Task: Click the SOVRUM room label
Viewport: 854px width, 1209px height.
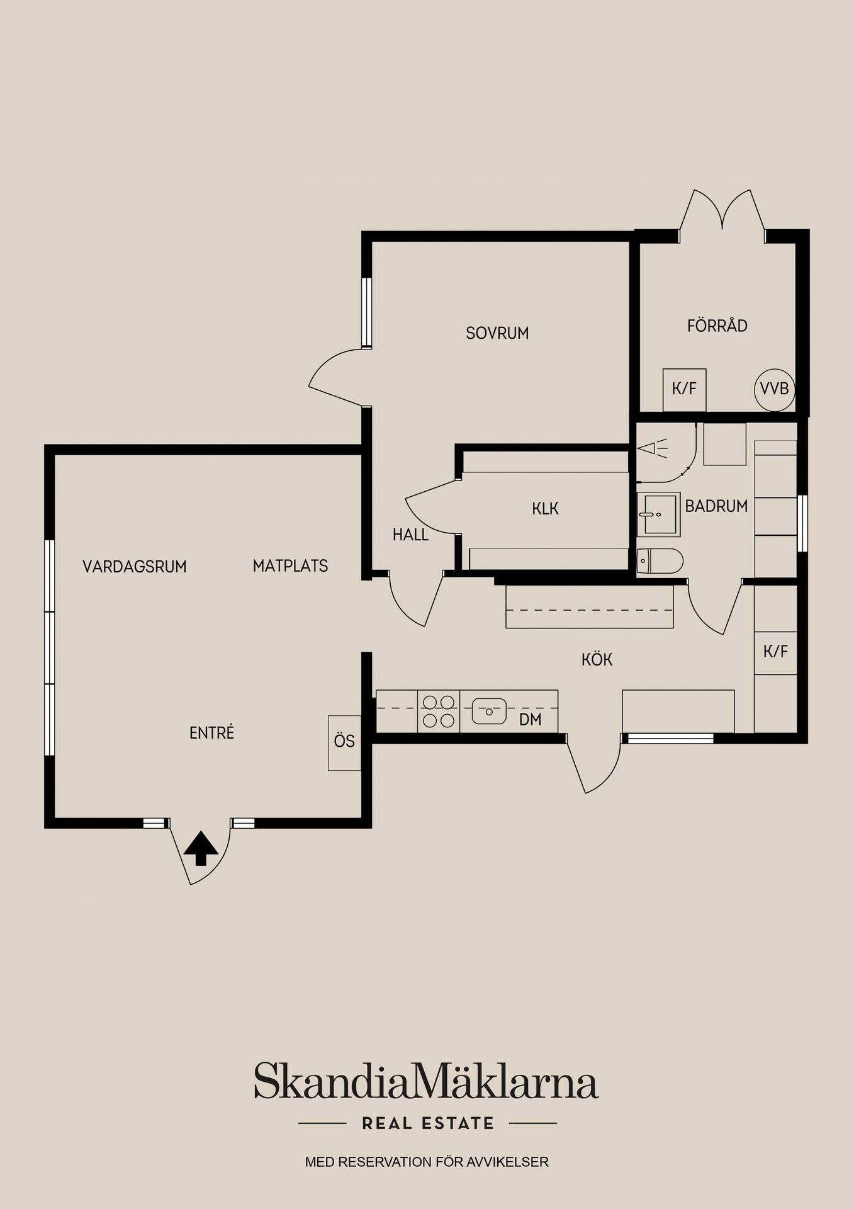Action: [x=497, y=333]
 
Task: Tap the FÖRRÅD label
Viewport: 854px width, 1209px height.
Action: [x=717, y=326]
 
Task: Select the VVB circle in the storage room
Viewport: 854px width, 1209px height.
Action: [x=774, y=390]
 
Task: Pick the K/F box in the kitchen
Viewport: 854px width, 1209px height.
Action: [x=775, y=652]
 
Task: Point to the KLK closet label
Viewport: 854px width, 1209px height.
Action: [x=545, y=509]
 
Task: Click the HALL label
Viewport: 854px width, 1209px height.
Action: [x=410, y=535]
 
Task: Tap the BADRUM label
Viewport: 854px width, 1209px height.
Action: [x=716, y=506]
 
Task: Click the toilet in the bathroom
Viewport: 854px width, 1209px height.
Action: [x=660, y=560]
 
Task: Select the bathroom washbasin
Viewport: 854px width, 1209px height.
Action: [x=659, y=514]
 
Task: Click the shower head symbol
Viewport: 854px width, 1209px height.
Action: [x=652, y=448]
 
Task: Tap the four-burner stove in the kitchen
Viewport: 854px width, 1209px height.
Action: [x=439, y=711]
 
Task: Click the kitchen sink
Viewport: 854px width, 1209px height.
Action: [x=489, y=711]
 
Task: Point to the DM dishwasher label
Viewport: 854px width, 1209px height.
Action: [x=531, y=720]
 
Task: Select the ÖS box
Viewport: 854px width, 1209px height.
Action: [x=345, y=742]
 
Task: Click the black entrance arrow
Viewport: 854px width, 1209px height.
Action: [x=201, y=848]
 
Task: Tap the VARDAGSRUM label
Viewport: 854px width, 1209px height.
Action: [x=135, y=567]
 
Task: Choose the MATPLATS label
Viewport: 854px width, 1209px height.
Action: [x=290, y=566]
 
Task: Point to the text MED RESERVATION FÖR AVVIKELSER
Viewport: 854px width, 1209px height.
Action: [x=427, y=1162]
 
